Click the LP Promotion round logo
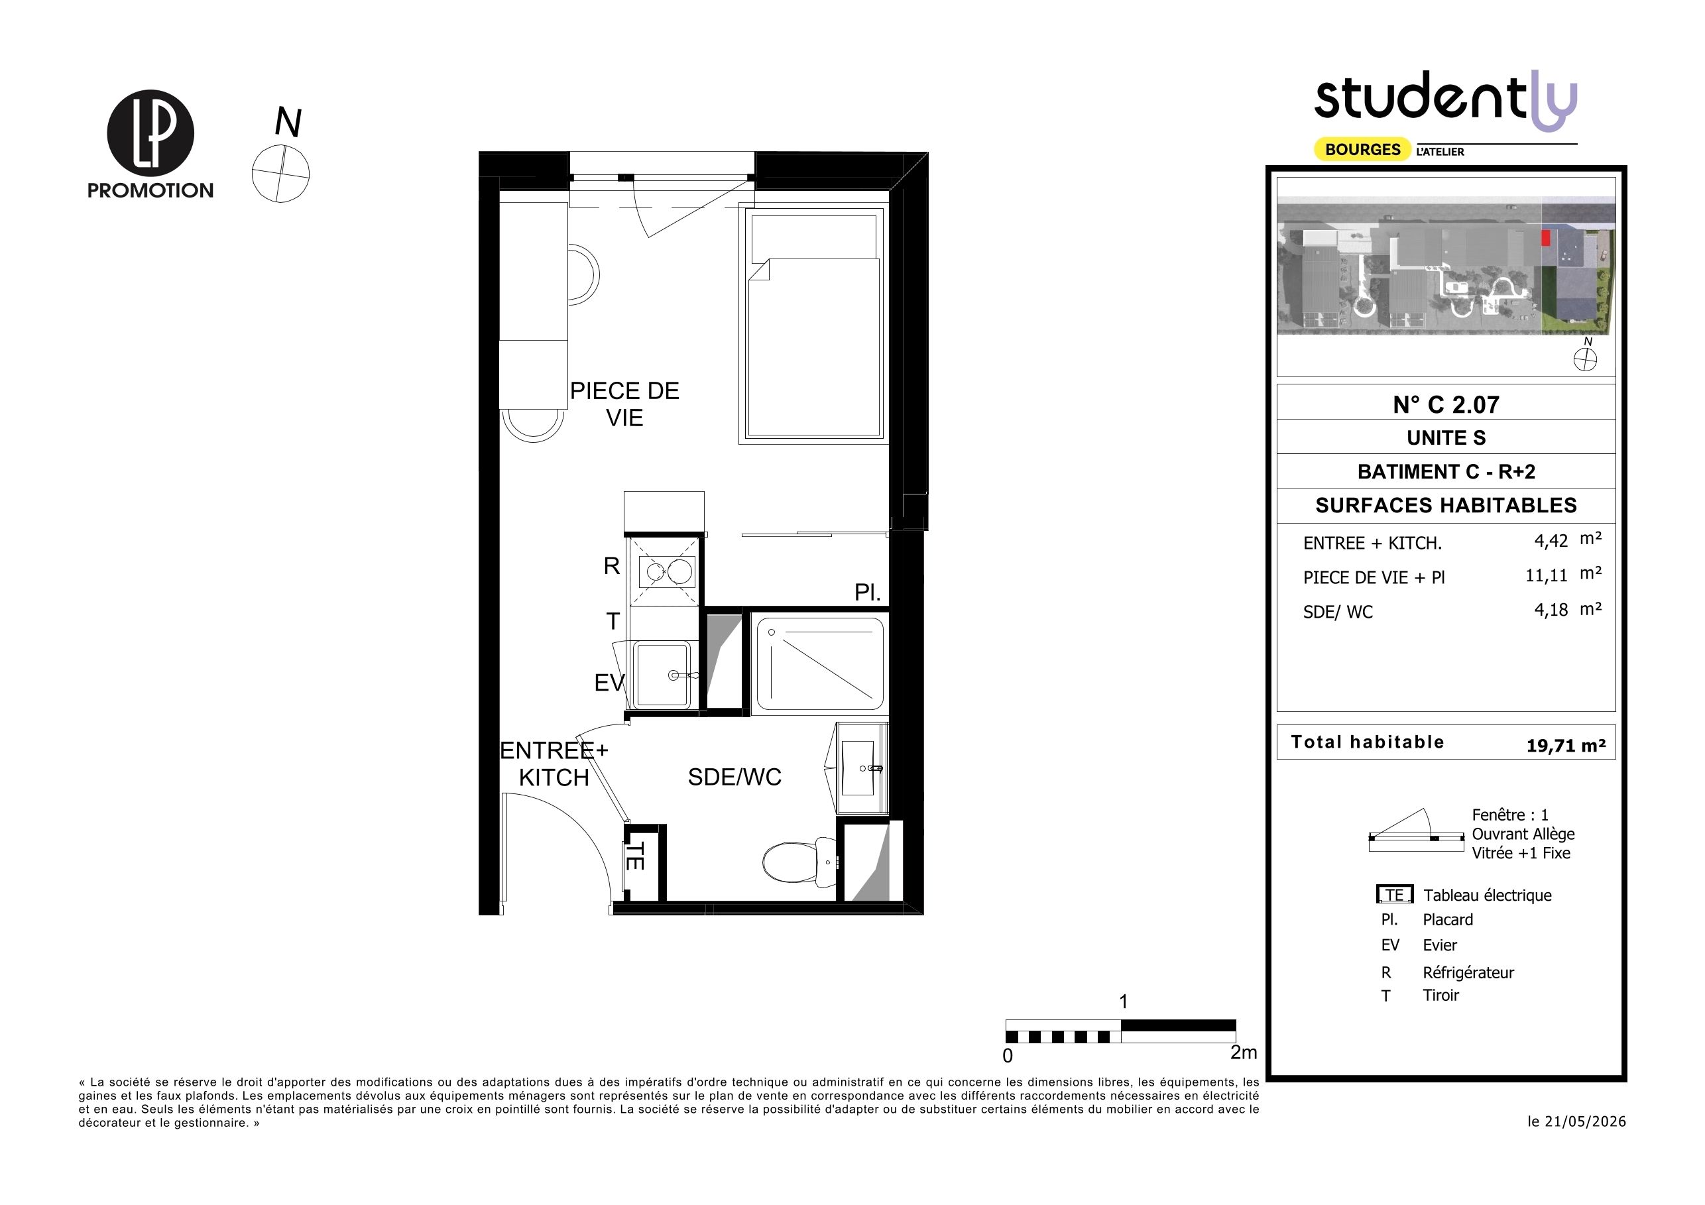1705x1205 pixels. click(x=150, y=134)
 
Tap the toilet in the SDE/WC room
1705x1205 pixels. click(x=801, y=861)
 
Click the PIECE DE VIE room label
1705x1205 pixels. click(x=624, y=404)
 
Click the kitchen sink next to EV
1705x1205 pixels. click(x=662, y=674)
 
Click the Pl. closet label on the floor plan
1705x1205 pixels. click(x=867, y=593)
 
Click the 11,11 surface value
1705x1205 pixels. click(x=1546, y=575)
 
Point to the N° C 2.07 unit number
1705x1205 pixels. click(x=1446, y=404)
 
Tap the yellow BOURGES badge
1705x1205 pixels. click(x=1363, y=149)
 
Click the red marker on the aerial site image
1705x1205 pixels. click(x=1546, y=237)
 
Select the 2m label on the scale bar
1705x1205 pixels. click(x=1244, y=1052)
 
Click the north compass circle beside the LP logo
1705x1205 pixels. click(x=280, y=174)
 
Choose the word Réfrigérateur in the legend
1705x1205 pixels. click(x=1468, y=972)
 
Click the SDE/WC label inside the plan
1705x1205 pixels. click(x=735, y=777)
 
